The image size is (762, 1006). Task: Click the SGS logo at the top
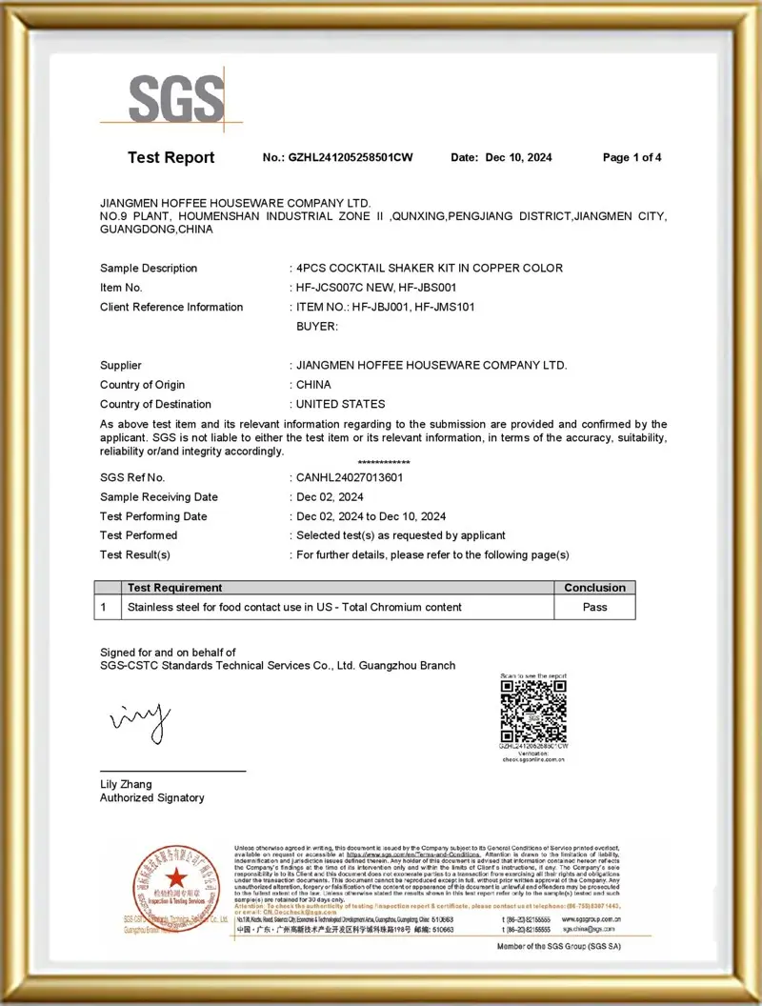tap(176, 98)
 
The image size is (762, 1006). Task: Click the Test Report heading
tap(171, 158)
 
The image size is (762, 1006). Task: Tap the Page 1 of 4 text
tap(632, 158)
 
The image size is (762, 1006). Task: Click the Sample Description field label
tap(149, 269)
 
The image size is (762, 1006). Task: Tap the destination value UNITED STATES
tap(341, 404)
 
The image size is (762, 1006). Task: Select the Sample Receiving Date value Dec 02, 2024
tap(330, 497)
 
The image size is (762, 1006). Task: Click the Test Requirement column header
tap(174, 588)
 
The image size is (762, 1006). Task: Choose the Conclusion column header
tap(594, 588)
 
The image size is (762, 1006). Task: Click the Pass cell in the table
tap(594, 607)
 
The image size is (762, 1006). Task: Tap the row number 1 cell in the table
tap(104, 607)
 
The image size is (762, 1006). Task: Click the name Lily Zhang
tap(126, 785)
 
